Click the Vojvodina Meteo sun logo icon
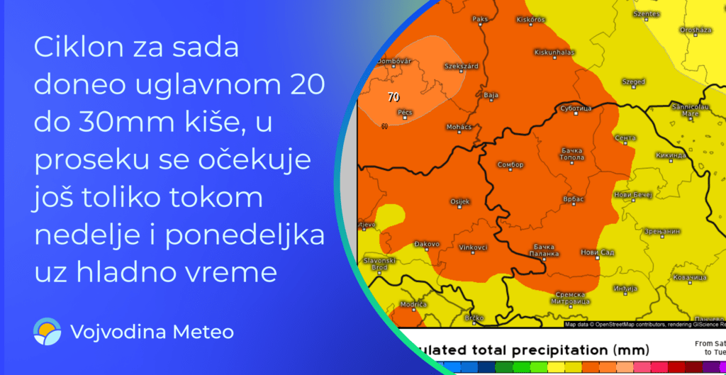[48, 332]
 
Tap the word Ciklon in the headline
[74, 50]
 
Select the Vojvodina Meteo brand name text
[152, 332]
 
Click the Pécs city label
[404, 112]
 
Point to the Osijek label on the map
[460, 202]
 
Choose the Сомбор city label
[510, 164]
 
